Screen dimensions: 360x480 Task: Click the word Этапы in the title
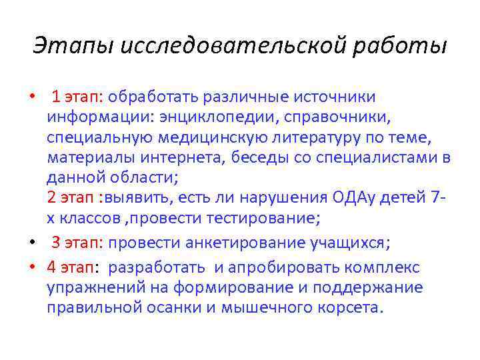tap(67, 46)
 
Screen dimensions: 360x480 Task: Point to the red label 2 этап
tap(71, 198)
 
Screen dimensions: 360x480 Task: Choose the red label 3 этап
tap(77, 242)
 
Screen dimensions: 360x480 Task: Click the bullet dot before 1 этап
tap(31, 98)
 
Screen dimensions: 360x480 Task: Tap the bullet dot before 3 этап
tap(31, 243)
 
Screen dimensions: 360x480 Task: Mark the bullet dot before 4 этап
tap(31, 268)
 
